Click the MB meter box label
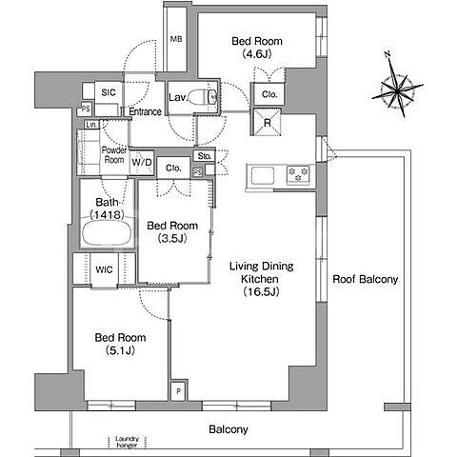pos(176,39)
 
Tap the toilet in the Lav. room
pos(203,97)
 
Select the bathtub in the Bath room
pos(107,233)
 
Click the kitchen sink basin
pos(263,175)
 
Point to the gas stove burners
pos(298,174)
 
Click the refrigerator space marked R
pos(267,122)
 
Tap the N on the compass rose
pos(388,54)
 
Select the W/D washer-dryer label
pos(142,163)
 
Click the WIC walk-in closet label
pos(104,269)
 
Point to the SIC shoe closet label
pos(109,92)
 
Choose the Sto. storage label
pos(204,156)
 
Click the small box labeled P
pos(178,391)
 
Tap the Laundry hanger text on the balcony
pos(127,442)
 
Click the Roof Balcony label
pos(365,279)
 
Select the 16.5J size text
pos(261,292)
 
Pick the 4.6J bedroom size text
pos(257,54)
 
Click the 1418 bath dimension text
pos(107,215)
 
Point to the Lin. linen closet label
pos(91,125)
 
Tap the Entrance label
pos(146,111)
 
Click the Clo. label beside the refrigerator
pos(269,94)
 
